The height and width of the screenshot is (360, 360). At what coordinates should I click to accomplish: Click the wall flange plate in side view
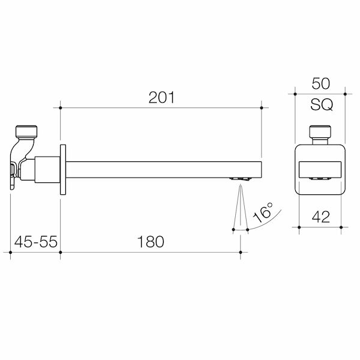[62, 169]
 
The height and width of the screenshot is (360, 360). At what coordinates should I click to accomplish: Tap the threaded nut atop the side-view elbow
[26, 132]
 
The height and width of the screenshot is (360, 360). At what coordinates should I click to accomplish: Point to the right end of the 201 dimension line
[262, 108]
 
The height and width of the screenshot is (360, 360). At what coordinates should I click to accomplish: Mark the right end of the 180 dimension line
[240, 254]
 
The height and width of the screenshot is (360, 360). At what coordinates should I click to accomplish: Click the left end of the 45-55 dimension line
[12, 254]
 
